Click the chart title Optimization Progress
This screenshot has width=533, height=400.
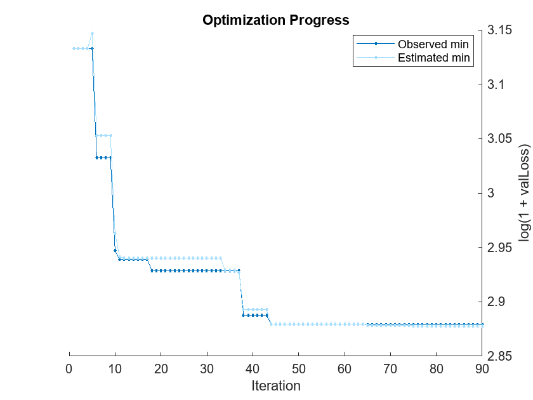tap(275, 20)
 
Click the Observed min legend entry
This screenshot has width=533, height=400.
tap(433, 44)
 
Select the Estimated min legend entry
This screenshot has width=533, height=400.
tap(433, 58)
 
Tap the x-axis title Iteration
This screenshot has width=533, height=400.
tap(275, 385)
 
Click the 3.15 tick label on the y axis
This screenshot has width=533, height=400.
tap(500, 30)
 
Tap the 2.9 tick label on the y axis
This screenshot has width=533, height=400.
tap(497, 302)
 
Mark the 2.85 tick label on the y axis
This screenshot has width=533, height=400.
tap(500, 356)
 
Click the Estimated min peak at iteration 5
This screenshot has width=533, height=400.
tap(92, 33)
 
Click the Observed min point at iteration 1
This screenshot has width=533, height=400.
tap(74, 48)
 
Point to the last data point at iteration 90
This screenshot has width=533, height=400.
tap(482, 325)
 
